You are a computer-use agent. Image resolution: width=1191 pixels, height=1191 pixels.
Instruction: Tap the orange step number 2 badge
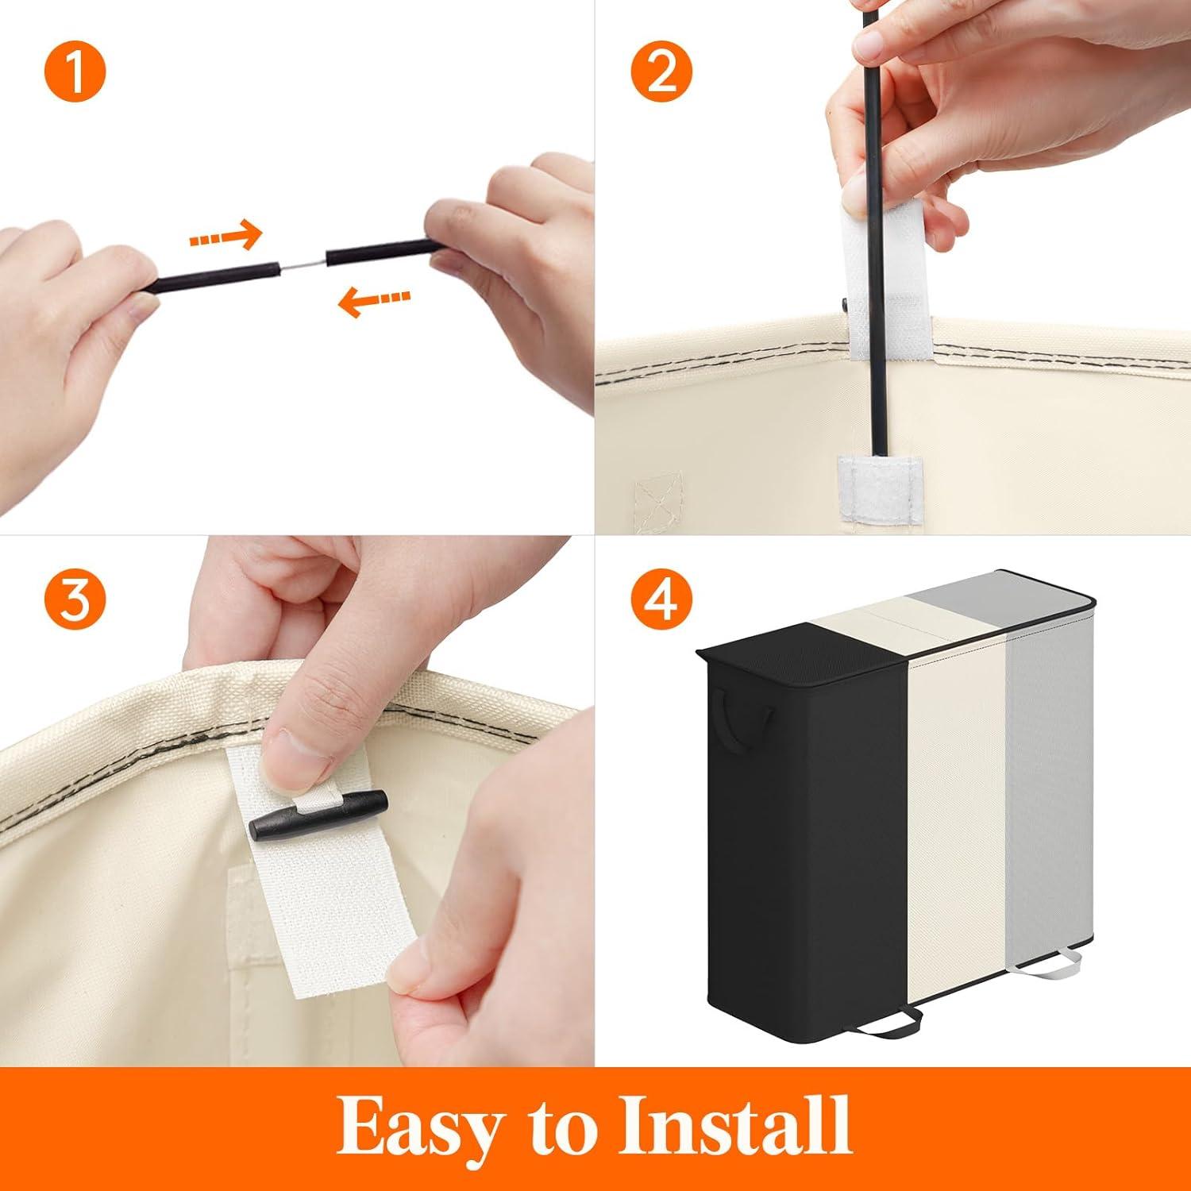(661, 73)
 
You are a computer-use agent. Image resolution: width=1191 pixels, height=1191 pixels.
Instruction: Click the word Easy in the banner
(422, 1127)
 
